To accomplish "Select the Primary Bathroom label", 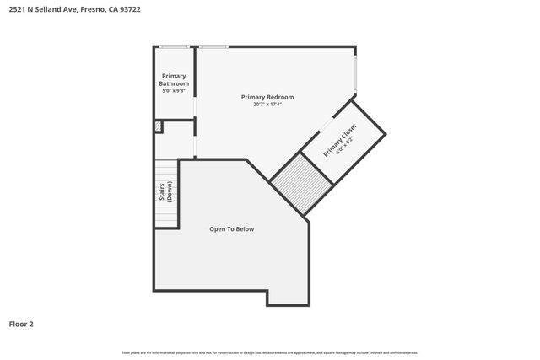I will [174, 80].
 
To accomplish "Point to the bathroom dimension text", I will [174, 90].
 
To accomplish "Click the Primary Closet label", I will [339, 138].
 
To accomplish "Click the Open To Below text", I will [231, 229].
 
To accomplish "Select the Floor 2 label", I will [21, 323].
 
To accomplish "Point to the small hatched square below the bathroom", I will [158, 126].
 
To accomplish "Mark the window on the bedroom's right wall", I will [355, 75].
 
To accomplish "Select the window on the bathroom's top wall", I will [174, 46].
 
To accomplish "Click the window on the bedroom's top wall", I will [213, 46].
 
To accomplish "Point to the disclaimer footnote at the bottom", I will [270, 352].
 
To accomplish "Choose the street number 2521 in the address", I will [17, 10].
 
